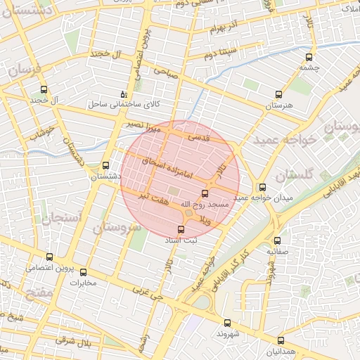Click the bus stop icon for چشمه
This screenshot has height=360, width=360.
click(307, 58)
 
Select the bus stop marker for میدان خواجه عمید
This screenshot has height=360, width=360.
click(263, 188)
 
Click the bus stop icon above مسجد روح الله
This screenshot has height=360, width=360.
click(205, 193)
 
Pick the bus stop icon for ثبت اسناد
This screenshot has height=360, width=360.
click(181, 230)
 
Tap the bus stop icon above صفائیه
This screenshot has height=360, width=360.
click(276, 240)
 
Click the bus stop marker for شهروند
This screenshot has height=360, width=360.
click(226, 323)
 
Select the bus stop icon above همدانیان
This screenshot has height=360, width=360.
click(281, 340)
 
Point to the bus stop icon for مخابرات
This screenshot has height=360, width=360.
click(83, 272)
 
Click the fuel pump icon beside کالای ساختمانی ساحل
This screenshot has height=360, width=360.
click(124, 94)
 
